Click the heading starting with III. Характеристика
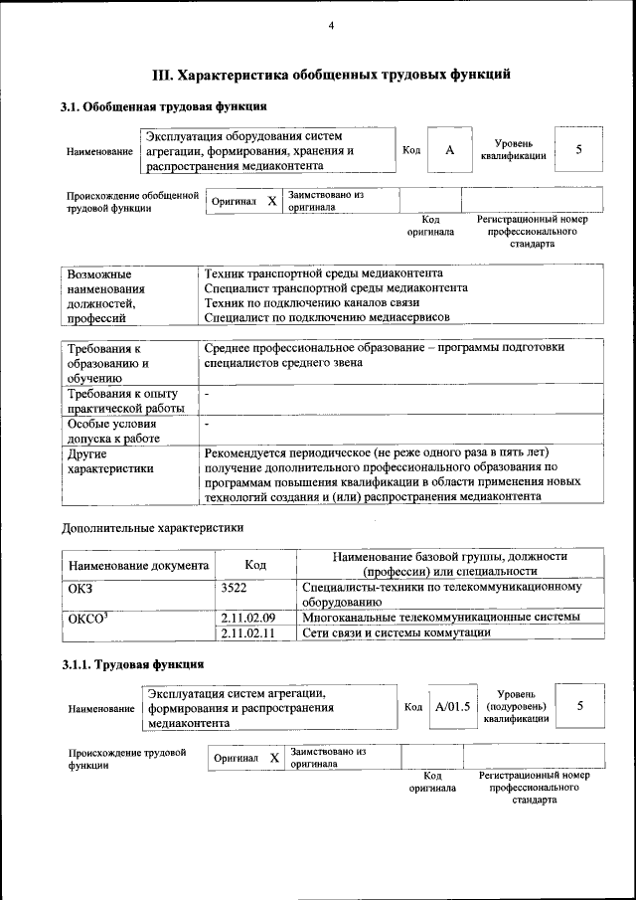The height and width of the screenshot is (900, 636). (331, 74)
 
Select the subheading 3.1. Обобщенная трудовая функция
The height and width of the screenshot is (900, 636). (164, 106)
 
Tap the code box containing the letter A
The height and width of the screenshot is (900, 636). (449, 149)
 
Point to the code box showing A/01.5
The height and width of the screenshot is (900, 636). (452, 708)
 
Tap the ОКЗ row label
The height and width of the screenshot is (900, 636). (79, 588)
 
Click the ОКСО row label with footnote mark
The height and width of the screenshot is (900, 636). (85, 618)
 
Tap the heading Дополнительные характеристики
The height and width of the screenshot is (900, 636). (153, 527)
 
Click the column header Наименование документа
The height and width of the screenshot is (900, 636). (138, 565)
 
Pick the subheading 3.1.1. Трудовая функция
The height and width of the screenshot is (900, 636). (133, 664)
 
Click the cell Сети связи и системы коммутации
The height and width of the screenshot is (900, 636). (397, 632)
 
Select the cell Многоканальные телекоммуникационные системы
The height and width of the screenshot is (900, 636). (440, 618)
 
